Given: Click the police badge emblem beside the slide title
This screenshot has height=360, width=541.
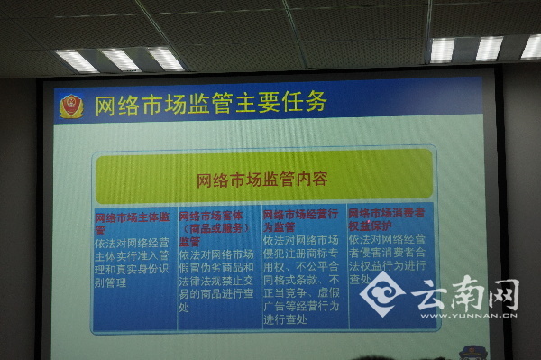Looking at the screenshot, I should click(x=71, y=106).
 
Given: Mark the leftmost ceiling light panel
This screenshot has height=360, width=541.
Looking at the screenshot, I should click(x=77, y=60).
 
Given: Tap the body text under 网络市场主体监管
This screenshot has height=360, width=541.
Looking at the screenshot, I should click(x=133, y=262).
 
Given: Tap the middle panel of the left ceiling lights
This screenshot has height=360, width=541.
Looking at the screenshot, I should click(x=121, y=60).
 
